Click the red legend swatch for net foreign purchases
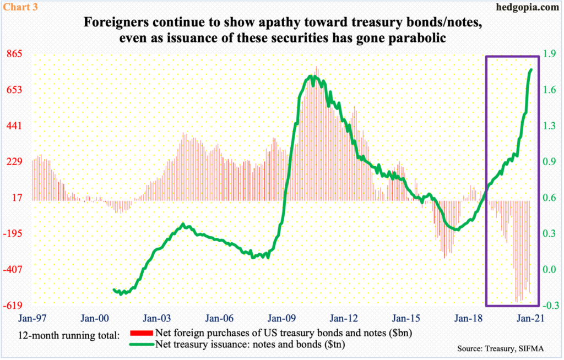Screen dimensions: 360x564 pyautogui.click(x=141, y=333)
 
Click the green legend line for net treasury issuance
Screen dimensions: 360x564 pyautogui.click(x=141, y=344)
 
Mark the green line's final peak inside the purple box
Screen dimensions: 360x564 pyautogui.click(x=532, y=69)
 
